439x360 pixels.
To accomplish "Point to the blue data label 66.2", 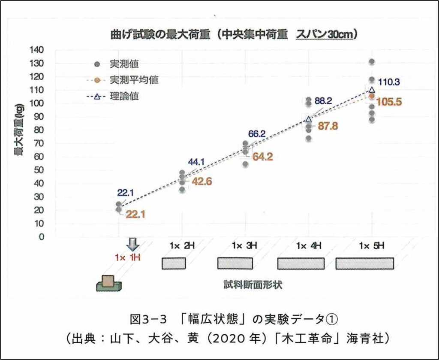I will coord(258,134).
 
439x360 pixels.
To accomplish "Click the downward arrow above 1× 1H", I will coord(133,245).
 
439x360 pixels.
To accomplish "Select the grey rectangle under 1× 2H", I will coord(174,263).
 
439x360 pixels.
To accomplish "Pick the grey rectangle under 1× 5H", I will coord(364,263).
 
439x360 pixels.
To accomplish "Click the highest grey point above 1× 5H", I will coord(372,62).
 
